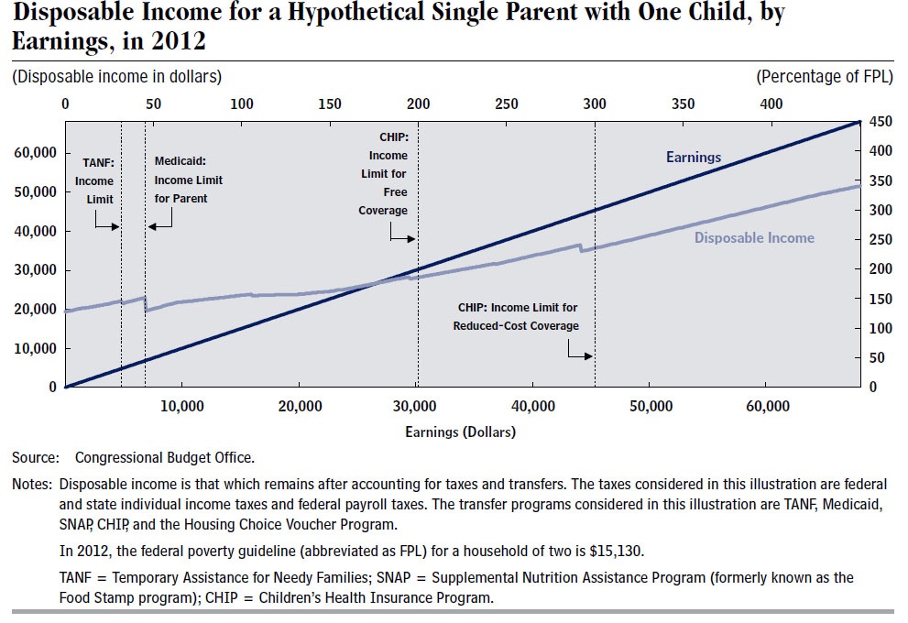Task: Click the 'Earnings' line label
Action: [x=694, y=157]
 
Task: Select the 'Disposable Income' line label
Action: [x=754, y=237]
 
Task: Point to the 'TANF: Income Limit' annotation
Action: [x=97, y=180]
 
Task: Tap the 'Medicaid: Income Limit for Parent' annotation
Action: [x=188, y=180]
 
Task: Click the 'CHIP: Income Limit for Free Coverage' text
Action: [x=383, y=174]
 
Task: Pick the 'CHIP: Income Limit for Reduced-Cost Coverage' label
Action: [x=516, y=317]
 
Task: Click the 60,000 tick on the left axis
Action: [x=36, y=153]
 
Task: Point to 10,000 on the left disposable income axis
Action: [x=36, y=348]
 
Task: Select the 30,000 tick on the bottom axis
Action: [x=415, y=406]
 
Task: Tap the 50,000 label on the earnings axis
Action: [x=651, y=406]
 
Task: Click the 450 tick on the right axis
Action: [x=881, y=122]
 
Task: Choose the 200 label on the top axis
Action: [x=418, y=104]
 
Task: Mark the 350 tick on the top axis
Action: [x=683, y=104]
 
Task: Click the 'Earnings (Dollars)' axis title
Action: [x=460, y=432]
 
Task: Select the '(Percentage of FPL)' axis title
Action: [x=825, y=76]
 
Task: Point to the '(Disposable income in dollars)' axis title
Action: [x=117, y=76]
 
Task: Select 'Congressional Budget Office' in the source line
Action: [x=164, y=457]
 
